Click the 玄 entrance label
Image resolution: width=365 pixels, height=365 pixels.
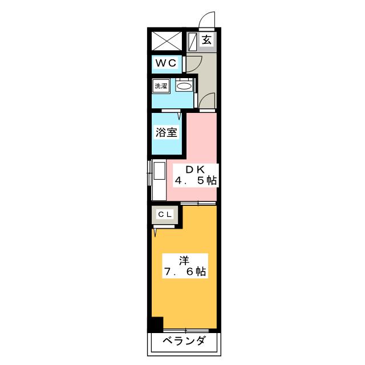tap(207, 40)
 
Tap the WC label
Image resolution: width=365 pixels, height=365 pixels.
tap(167, 63)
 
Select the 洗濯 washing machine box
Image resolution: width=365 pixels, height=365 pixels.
tap(161, 86)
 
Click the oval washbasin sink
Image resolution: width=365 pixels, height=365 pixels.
tap(184, 87)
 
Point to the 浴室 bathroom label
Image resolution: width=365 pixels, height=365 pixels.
tap(167, 133)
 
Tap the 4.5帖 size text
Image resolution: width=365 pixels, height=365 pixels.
tap(196, 181)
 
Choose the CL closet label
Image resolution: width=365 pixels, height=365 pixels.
tap(165, 214)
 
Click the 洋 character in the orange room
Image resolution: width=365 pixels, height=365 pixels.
tap(184, 261)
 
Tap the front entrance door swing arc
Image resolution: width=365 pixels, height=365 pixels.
tap(206, 21)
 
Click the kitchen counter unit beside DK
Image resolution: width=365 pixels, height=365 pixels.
tap(158, 180)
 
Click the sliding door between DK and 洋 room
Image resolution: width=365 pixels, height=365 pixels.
tap(198, 203)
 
